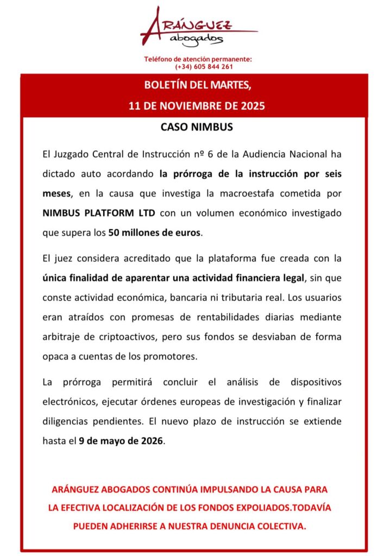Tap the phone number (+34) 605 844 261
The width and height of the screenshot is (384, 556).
click(x=204, y=67)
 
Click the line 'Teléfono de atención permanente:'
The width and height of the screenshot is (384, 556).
click(x=198, y=59)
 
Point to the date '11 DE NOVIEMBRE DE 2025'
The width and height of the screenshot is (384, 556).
click(x=197, y=105)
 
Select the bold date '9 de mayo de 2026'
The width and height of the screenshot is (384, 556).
click(x=121, y=441)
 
